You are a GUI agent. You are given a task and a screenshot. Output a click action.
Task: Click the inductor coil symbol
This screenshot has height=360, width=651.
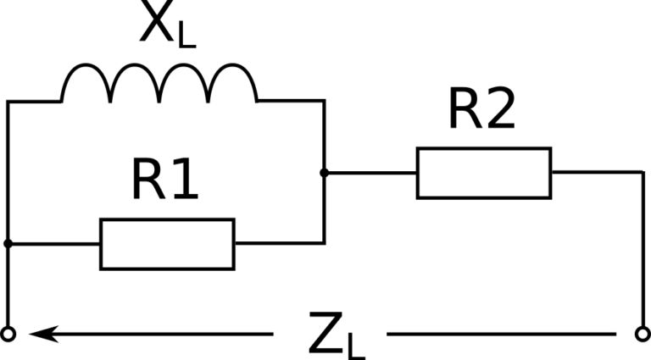159,85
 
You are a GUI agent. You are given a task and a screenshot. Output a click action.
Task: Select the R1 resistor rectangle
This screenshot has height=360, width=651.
167,244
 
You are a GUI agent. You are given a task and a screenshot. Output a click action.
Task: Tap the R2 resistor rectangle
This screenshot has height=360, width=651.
483,173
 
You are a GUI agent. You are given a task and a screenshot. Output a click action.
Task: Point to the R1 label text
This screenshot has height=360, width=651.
164,180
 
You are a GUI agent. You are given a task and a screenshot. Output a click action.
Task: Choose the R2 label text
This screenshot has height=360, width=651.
481,109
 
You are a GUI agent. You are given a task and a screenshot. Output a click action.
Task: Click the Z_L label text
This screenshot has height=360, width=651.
336,335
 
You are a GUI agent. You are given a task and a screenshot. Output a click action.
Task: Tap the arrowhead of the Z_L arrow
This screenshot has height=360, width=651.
38,335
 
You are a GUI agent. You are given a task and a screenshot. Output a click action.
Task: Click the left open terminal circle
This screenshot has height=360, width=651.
8,335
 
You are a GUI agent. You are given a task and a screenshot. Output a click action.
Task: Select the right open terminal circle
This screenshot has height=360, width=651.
642,335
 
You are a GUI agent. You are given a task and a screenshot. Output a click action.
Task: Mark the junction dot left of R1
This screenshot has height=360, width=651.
8,244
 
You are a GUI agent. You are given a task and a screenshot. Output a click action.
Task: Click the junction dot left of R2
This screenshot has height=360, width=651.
324,173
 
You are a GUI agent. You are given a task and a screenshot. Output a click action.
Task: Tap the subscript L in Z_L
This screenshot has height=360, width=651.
356,345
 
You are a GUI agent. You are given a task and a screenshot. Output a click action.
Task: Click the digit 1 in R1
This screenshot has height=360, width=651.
184,180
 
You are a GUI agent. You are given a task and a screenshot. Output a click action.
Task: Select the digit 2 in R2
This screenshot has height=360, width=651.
499,109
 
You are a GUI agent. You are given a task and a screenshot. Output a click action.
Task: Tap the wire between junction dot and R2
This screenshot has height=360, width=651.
370,173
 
